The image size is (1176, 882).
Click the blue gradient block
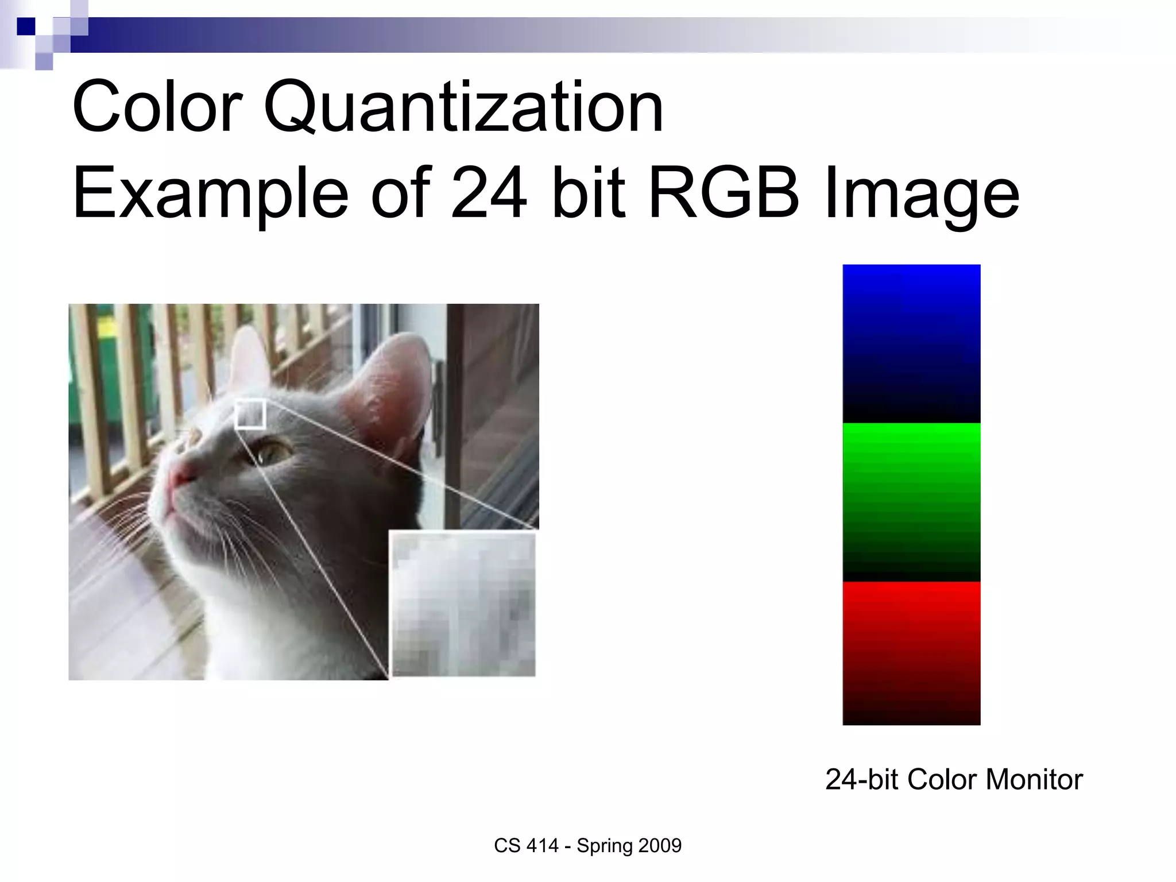(x=911, y=343)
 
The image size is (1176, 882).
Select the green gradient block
(x=911, y=502)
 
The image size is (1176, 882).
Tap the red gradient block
(x=911, y=653)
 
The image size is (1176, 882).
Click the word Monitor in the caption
(x=1034, y=779)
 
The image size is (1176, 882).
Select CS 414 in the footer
(x=526, y=846)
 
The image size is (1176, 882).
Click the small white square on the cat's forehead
(x=250, y=414)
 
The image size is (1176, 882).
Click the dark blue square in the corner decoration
(x=26, y=26)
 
